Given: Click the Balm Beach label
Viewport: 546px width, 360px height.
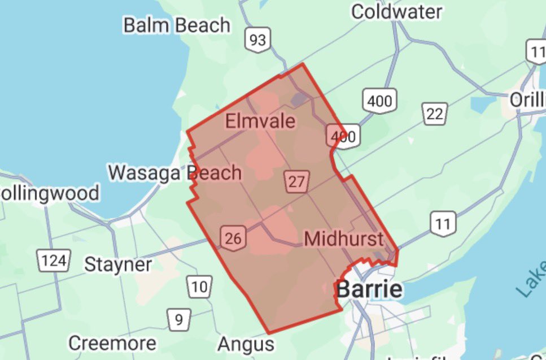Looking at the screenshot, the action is (177, 25).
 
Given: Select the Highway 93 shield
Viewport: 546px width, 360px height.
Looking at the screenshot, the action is (257, 40).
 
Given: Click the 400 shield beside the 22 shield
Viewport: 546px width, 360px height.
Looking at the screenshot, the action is (378, 102).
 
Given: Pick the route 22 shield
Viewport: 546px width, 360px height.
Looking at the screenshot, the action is (434, 114).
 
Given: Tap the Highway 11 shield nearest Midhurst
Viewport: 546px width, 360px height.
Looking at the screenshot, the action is (443, 224).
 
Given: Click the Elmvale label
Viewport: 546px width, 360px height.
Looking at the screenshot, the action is (260, 121).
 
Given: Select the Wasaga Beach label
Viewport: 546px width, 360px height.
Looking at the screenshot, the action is (175, 172).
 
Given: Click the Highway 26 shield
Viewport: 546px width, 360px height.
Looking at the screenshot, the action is (232, 238).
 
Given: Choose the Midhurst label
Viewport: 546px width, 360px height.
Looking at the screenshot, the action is (343, 238).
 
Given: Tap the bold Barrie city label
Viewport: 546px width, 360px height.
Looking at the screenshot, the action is (370, 289).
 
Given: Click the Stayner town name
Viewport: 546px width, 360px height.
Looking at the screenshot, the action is (118, 264).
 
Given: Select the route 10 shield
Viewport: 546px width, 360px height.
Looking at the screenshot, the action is (199, 287).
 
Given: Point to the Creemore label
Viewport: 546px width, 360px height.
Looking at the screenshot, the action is (112, 343).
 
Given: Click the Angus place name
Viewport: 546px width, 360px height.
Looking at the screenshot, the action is (246, 344).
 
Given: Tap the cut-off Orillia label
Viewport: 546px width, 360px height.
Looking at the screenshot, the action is (528, 99).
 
